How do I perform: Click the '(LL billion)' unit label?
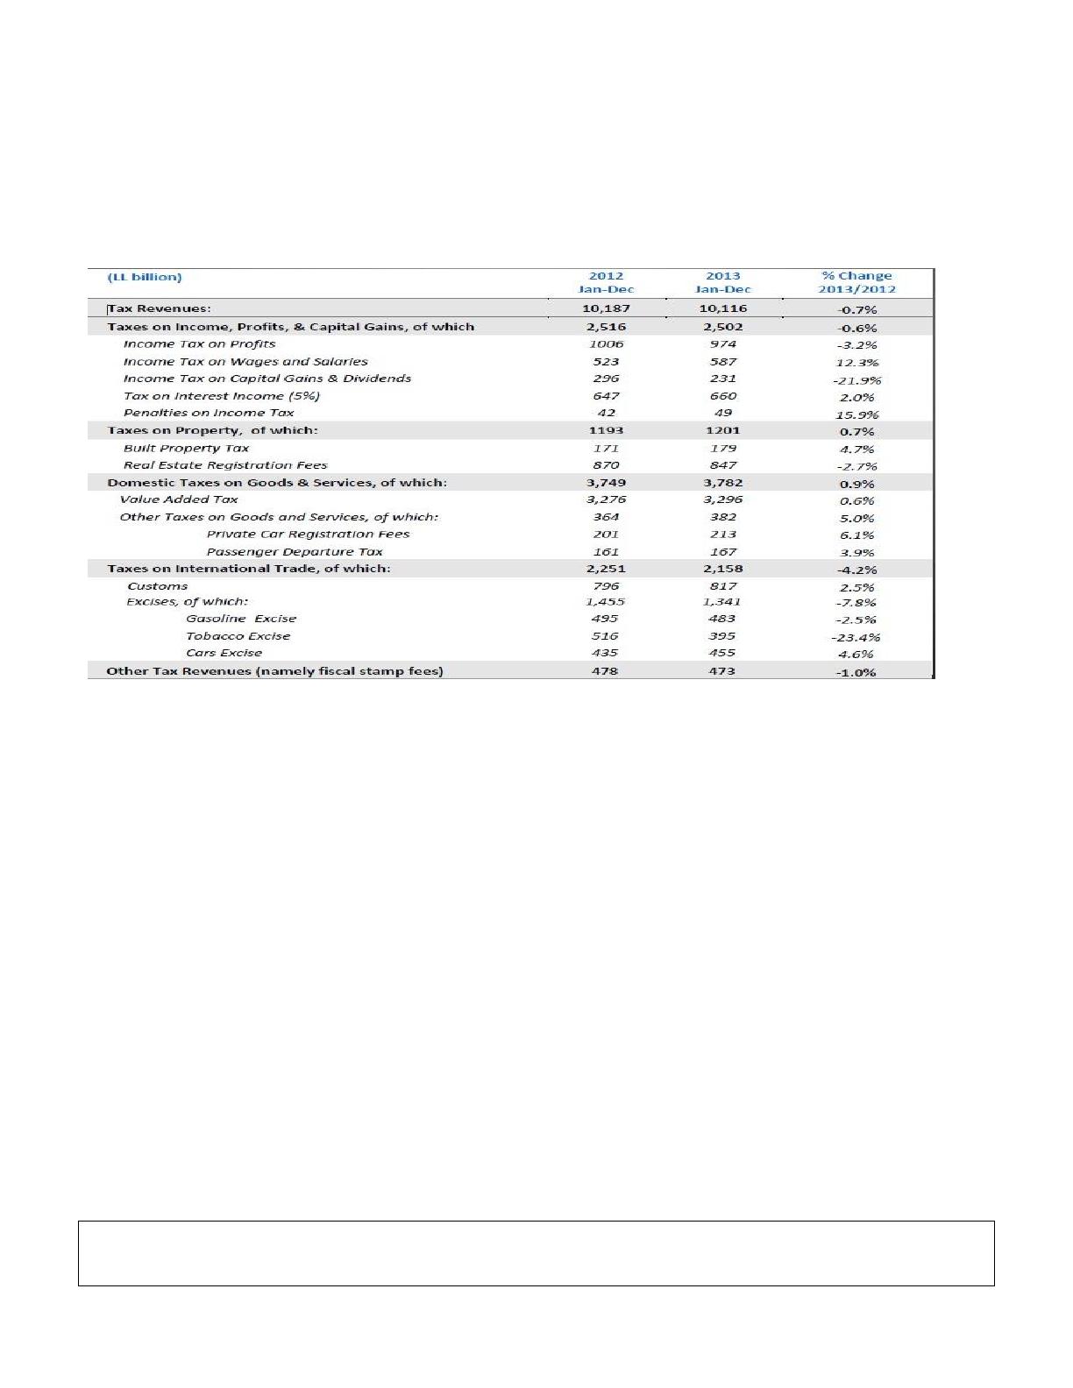click(x=145, y=277)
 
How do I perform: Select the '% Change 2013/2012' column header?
click(x=856, y=282)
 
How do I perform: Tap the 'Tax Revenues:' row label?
click(x=160, y=308)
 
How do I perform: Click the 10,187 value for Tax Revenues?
click(x=606, y=308)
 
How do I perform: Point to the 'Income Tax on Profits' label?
click(x=199, y=344)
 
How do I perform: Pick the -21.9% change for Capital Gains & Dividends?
click(x=856, y=380)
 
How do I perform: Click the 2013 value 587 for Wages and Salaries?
click(x=723, y=362)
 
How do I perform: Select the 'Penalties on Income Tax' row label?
click(x=209, y=413)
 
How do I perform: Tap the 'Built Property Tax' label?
click(x=186, y=448)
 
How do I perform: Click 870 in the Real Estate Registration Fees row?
click(x=606, y=465)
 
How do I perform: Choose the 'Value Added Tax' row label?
click(x=179, y=499)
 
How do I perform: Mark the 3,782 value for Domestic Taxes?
click(x=723, y=483)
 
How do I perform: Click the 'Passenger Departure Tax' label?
click(x=295, y=552)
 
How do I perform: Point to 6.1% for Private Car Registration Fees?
click(x=856, y=535)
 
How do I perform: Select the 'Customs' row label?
click(x=158, y=586)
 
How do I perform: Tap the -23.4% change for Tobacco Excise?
click(x=856, y=638)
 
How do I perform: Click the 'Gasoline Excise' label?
click(x=241, y=619)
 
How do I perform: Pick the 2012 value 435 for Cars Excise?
click(x=605, y=653)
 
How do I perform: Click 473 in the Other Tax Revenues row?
click(x=722, y=671)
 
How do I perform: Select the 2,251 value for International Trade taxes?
click(x=606, y=569)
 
